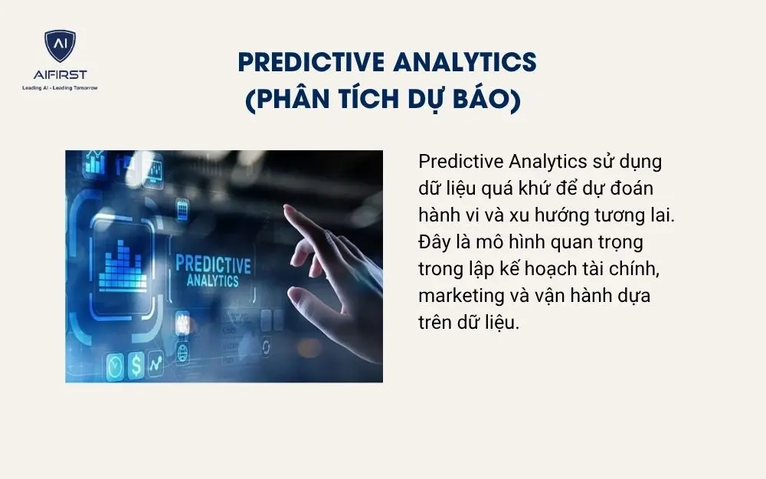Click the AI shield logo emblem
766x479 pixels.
pos(60,47)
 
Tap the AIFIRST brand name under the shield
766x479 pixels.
pos(60,74)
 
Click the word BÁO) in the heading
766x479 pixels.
pos(489,100)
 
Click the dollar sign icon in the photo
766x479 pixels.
pos(136,365)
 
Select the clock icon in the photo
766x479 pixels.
pos(115,366)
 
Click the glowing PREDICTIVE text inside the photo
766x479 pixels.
pos(213,264)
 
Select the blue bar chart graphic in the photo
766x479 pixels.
pos(123,264)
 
